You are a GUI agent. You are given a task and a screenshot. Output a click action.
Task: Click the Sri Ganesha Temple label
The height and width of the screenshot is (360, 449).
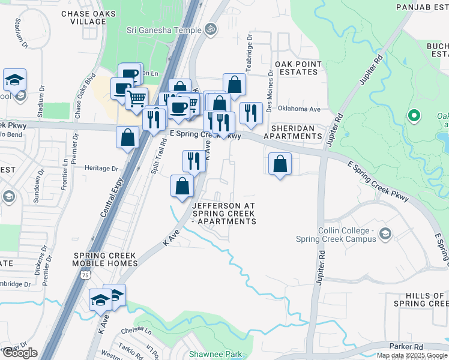(163, 28)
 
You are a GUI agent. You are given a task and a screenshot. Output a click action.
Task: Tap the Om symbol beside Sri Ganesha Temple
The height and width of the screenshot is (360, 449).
(210, 28)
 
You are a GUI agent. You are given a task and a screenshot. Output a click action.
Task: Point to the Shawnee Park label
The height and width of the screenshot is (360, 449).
(215, 354)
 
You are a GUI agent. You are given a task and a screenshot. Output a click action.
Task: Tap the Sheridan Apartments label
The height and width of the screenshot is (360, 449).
(297, 132)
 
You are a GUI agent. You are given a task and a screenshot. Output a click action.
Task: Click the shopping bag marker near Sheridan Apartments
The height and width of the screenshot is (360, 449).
(280, 163)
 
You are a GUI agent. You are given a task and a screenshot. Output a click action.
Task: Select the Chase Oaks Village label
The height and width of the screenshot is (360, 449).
(83, 17)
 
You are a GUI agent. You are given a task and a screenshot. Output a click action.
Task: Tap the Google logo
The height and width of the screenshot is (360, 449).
(19, 353)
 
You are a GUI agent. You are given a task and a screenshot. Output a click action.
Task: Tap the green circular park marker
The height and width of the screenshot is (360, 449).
(413, 116)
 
